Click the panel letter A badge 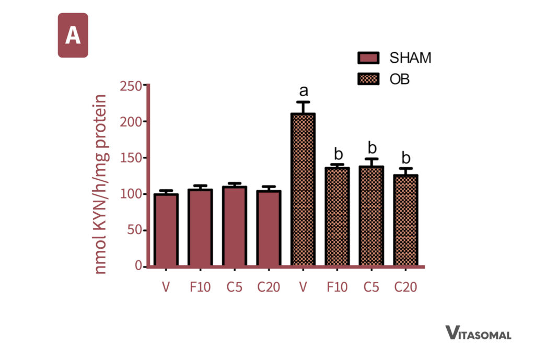pos(73,36)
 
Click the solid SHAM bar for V pos(166,230)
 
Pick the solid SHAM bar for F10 pos(200,228)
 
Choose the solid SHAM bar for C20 pos(269,228)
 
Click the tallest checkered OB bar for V pos(303,189)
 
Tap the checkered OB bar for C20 pos(405,219)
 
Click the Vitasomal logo pos(478,333)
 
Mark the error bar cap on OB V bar pos(303,102)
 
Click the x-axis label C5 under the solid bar pos(234,287)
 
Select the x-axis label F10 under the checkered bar pos(337,287)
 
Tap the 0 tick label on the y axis pos(138,266)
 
